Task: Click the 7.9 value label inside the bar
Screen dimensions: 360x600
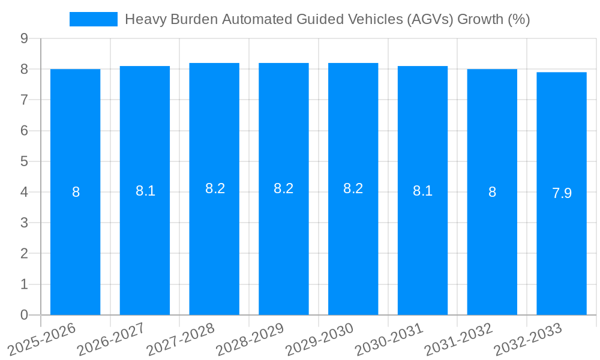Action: pos(562,193)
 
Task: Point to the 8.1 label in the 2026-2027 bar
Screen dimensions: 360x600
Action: pos(145,191)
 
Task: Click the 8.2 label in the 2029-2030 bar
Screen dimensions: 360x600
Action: pos(353,188)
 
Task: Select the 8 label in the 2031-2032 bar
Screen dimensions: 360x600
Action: pos(492,192)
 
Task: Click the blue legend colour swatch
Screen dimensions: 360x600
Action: pos(94,19)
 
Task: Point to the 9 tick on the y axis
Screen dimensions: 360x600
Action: pos(24,38)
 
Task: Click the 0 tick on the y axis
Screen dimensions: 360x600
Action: pos(24,315)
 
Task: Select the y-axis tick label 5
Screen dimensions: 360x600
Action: pos(24,161)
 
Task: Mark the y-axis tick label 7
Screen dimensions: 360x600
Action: pos(24,100)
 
